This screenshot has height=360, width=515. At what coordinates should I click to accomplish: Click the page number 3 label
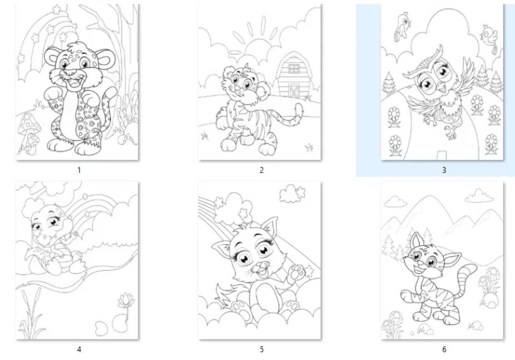[x=444, y=170]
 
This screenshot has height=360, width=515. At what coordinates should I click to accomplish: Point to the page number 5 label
[x=261, y=349]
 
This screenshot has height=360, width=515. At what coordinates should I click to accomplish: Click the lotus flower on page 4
[x=125, y=302]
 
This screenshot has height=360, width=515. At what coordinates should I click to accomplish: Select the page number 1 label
[x=79, y=170]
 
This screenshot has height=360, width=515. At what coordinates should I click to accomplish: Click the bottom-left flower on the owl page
[x=395, y=144]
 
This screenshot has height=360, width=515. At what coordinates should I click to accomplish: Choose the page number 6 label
[x=444, y=349]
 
